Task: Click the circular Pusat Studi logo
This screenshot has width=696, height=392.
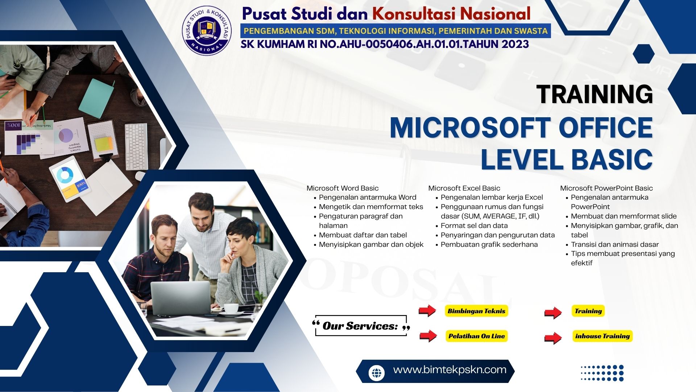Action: point(207,30)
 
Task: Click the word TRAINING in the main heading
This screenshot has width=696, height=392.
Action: point(594,94)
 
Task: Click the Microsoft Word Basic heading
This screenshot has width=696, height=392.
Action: point(343,188)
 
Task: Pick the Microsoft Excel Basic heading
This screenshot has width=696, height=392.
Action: point(464,188)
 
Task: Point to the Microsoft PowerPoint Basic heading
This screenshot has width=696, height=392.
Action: point(606,188)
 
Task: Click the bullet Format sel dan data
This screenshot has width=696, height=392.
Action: point(474,225)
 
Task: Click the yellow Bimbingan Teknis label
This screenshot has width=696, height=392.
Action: point(476,311)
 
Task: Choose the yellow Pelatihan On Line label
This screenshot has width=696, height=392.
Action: point(477,336)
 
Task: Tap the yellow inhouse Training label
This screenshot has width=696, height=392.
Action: point(602,336)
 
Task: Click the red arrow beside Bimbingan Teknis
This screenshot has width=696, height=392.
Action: point(427,311)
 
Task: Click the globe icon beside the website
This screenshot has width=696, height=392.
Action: point(377,373)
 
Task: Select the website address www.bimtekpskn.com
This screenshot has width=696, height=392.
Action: point(450,370)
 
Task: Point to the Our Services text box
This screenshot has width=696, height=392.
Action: point(361,326)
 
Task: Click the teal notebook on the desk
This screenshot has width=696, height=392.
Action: point(96,98)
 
